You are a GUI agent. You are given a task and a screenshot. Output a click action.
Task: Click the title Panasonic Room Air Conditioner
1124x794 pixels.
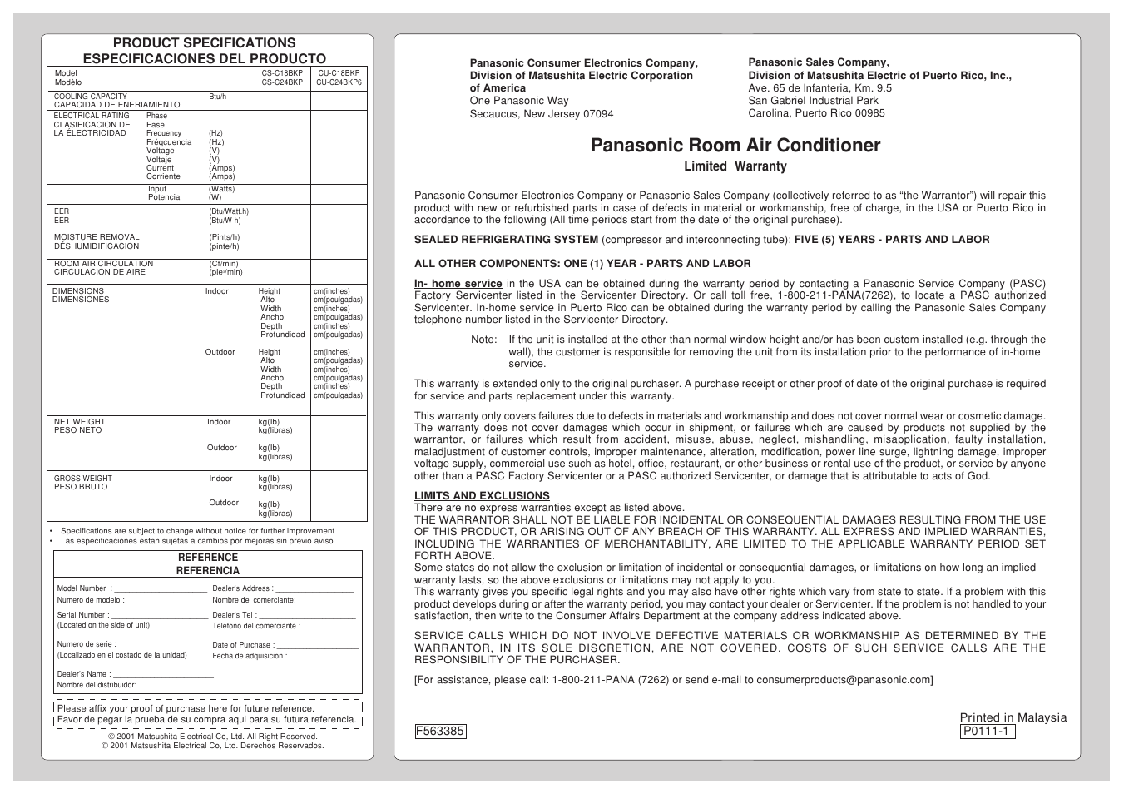click(735, 146)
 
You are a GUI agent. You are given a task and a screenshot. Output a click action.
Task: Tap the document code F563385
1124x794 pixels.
click(440, 732)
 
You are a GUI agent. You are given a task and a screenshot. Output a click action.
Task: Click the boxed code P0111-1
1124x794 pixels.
click(987, 732)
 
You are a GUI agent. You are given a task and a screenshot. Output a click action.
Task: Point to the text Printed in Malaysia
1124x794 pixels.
click(1013, 717)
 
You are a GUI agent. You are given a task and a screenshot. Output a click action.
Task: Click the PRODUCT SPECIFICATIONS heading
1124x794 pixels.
click(204, 43)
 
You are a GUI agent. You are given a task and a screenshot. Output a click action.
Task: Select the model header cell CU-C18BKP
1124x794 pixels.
click(339, 73)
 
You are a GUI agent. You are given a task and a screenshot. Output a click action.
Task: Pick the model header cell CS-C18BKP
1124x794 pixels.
click(282, 73)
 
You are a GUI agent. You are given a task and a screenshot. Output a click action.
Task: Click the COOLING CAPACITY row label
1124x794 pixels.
click(91, 97)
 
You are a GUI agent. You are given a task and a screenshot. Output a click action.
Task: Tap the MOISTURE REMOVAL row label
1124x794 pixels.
click(97, 237)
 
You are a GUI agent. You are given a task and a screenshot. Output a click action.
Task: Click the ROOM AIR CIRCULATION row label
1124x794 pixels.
click(103, 264)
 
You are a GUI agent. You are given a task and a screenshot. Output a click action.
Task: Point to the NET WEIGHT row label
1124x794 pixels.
click(80, 422)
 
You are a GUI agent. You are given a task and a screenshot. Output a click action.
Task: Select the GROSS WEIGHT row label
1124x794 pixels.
click(83, 479)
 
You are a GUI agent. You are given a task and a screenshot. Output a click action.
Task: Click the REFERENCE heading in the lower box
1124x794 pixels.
click(208, 558)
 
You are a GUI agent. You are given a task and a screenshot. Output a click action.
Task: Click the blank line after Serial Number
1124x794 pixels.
click(159, 616)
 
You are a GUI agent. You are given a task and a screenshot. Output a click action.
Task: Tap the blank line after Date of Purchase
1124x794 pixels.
click(317, 645)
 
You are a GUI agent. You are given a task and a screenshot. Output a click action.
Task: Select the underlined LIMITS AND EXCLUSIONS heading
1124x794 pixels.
click(482, 496)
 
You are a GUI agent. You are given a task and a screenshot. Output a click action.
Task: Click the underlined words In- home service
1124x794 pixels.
click(458, 284)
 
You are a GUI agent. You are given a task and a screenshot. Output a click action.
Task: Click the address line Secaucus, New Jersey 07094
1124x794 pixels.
click(542, 114)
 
